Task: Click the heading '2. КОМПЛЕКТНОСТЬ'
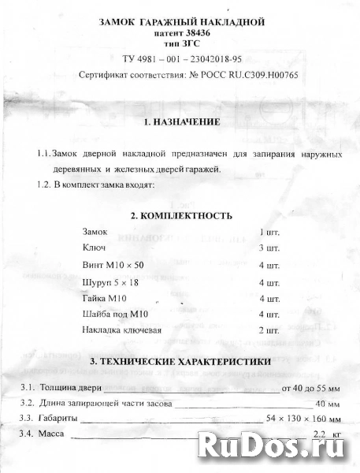click(x=181, y=214)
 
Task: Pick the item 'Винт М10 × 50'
click(x=113, y=265)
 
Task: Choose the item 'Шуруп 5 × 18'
click(x=112, y=281)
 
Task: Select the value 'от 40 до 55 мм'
click(x=310, y=388)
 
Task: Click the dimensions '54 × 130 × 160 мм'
click(x=304, y=417)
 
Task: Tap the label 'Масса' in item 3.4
click(x=52, y=434)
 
